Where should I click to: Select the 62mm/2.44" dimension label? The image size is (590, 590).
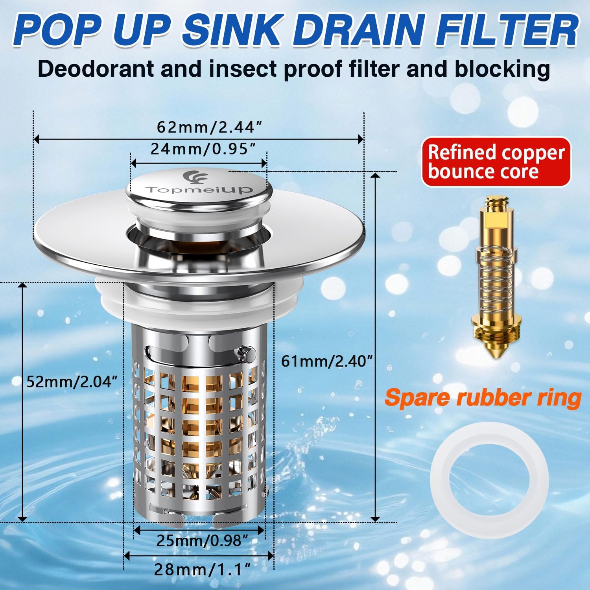pyautogui.click(x=209, y=127)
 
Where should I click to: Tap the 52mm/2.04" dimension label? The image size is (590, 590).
pyautogui.click(x=72, y=381)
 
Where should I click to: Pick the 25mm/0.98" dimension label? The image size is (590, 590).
pyautogui.click(x=202, y=540)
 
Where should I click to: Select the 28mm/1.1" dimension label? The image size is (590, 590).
pyautogui.click(x=202, y=569)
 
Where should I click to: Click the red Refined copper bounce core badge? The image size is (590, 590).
pyautogui.click(x=496, y=162)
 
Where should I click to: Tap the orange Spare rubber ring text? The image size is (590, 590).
pyautogui.click(x=483, y=398)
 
